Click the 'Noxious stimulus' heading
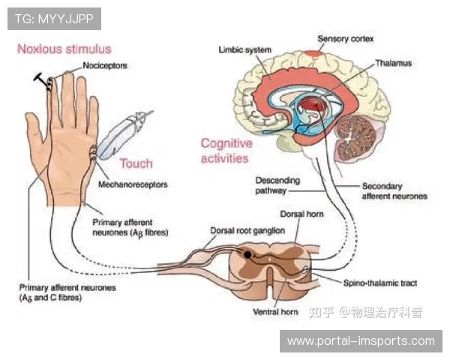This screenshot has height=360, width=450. click(64, 49)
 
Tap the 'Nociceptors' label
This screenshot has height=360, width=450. click(104, 66)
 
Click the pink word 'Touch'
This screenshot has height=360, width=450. click(136, 163)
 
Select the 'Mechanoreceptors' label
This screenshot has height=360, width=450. click(133, 184)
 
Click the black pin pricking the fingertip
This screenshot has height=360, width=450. click(38, 78)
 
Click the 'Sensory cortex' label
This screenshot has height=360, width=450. click(346, 37)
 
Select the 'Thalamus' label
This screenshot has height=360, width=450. click(393, 64)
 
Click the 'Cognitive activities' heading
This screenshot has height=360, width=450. click(226, 151)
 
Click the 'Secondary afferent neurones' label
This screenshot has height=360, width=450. click(394, 190)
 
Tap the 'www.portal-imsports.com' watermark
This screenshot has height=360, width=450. click(361, 341)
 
